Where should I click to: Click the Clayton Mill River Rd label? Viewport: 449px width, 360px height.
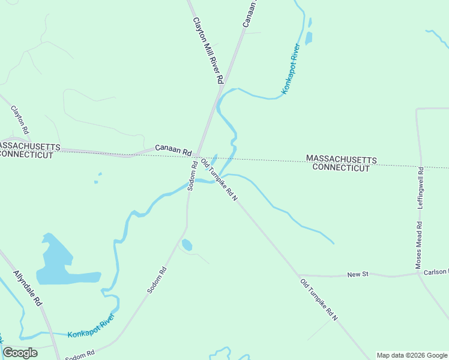[208, 50]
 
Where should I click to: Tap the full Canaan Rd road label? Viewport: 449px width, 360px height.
[173, 148]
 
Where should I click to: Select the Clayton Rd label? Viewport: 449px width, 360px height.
[20, 119]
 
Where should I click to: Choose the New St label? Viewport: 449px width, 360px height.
[357, 274]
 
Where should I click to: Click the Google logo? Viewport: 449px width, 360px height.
[20, 353]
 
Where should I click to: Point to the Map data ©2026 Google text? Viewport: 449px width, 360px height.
[412, 355]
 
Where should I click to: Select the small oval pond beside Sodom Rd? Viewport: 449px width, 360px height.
[187, 245]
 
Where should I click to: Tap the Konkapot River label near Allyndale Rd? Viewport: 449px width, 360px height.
[91, 328]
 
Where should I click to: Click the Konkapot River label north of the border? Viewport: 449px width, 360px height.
[291, 69]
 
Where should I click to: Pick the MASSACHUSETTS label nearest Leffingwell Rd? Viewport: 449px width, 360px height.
[341, 159]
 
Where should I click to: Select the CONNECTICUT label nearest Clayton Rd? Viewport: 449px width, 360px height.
[27, 154]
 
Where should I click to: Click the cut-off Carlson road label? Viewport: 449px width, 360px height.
[436, 272]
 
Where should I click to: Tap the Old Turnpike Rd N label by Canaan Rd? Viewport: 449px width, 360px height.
[219, 179]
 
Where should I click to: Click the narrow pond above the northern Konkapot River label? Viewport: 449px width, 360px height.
[309, 37]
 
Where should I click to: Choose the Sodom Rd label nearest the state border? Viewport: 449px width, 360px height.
[192, 176]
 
